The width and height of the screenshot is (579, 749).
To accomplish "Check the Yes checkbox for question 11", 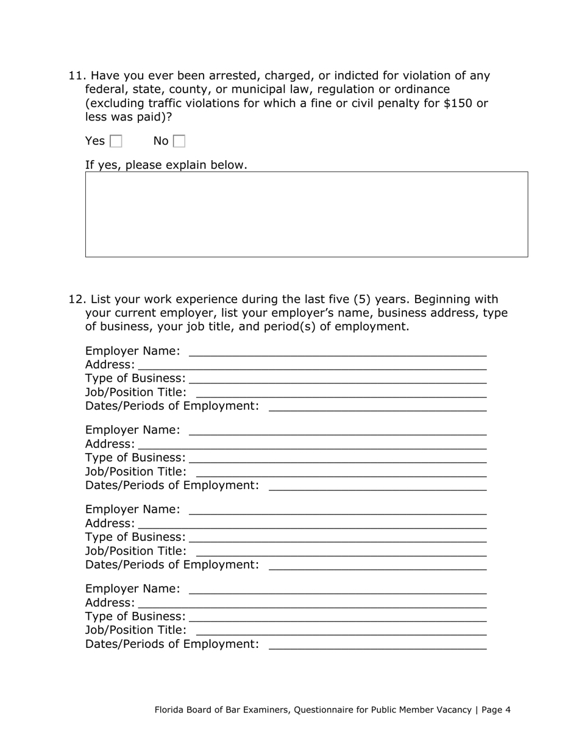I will [116, 141].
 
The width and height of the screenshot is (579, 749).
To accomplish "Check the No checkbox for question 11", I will [179, 141].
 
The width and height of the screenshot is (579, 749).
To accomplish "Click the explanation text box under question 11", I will [306, 214].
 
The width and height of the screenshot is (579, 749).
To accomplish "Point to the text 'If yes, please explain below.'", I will [166, 165].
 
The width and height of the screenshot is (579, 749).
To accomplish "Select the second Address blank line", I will [312, 445].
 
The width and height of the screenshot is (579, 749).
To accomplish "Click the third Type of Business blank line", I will [338, 538].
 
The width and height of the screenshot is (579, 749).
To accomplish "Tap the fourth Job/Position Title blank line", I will [341, 631].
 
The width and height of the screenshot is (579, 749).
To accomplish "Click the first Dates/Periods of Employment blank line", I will [377, 407].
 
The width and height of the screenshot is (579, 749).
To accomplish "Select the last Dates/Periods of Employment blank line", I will [377, 645].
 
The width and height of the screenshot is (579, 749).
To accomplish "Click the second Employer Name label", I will [132, 431].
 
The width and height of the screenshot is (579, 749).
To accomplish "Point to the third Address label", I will [110, 524].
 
